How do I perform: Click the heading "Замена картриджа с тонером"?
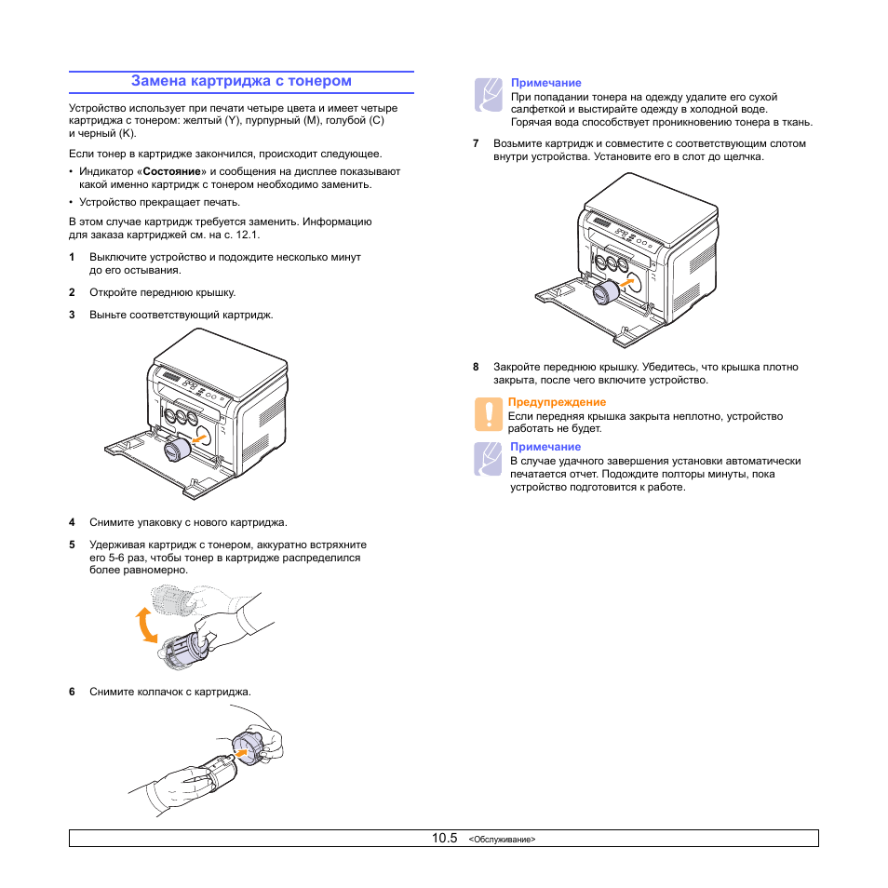pos(241,81)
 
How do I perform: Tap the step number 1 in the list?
pos(72,257)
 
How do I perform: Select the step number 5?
pos(72,545)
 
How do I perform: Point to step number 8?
pos(476,367)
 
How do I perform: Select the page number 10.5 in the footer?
pos(444,839)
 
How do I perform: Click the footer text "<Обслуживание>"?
pos(503,840)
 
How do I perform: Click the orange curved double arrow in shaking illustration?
pos(145,625)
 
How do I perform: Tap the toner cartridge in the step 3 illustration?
pos(177,451)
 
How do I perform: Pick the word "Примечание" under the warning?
pos(545,447)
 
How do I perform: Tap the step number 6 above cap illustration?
pos(72,692)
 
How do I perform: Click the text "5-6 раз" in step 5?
pos(118,558)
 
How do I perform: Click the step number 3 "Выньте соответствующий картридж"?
pos(72,315)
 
